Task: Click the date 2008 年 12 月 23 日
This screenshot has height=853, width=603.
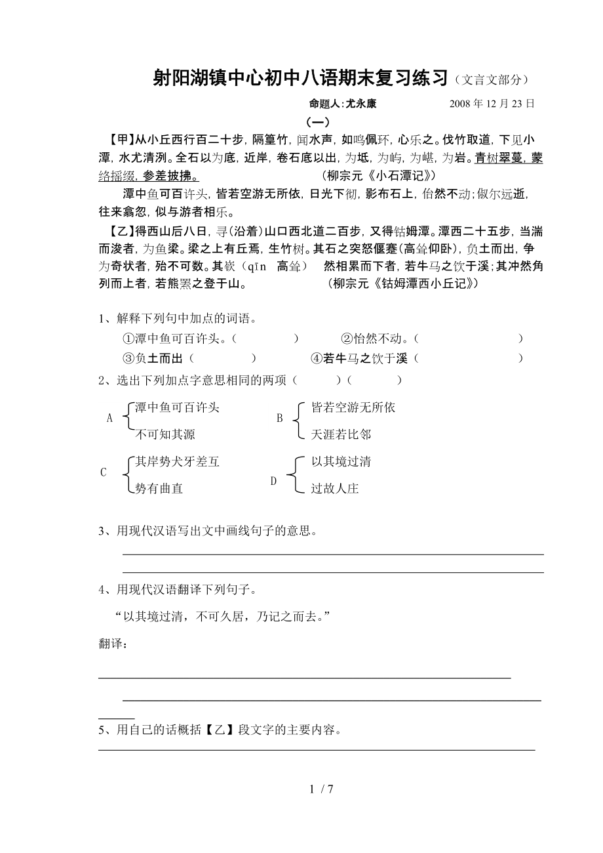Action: [x=492, y=104]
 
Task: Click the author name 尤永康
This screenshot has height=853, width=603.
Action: [x=361, y=104]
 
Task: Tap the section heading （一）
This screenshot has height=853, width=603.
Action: [x=318, y=122]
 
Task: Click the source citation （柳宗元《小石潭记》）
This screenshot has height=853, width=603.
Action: [x=379, y=177]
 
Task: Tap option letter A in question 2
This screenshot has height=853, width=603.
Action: [x=109, y=419]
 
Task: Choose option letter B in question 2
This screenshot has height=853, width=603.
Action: [x=279, y=419]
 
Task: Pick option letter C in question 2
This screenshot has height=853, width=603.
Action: [x=103, y=472]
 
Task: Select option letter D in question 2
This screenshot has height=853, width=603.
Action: [x=274, y=481]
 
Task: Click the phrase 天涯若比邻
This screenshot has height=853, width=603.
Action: [x=341, y=434]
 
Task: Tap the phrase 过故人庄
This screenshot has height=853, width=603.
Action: [x=335, y=489]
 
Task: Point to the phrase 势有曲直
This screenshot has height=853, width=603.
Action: [x=159, y=489]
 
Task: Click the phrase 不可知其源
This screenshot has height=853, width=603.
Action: [x=165, y=434]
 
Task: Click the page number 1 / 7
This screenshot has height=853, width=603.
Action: [x=322, y=789]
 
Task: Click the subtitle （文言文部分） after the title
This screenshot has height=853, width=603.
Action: [x=491, y=80]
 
